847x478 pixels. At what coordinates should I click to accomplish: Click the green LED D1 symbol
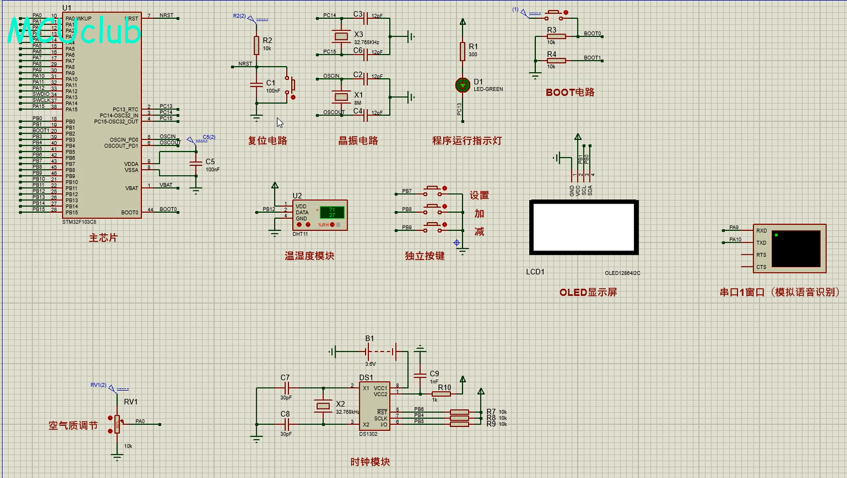click(x=463, y=85)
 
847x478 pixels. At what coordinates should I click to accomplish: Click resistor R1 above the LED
click(x=463, y=51)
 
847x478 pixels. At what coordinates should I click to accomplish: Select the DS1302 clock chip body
click(x=374, y=406)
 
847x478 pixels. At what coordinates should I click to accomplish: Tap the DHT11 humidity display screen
click(x=332, y=213)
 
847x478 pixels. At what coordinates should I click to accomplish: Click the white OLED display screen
click(x=584, y=227)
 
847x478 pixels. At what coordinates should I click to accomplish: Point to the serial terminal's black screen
click(x=795, y=249)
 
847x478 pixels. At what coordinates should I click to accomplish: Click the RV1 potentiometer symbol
click(x=117, y=424)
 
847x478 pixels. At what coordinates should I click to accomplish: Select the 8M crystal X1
click(x=341, y=97)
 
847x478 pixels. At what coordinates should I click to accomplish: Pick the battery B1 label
click(x=369, y=339)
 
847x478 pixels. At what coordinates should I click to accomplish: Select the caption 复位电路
click(x=267, y=141)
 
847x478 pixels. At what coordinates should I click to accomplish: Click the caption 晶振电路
click(x=358, y=141)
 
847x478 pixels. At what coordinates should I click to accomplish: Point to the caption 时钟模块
click(x=370, y=462)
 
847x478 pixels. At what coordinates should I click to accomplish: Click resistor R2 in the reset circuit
click(x=256, y=46)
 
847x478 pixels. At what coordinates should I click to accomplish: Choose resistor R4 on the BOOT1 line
click(x=556, y=61)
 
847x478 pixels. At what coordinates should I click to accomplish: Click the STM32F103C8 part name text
click(x=80, y=222)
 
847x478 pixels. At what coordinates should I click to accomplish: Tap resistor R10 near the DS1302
click(x=442, y=394)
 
